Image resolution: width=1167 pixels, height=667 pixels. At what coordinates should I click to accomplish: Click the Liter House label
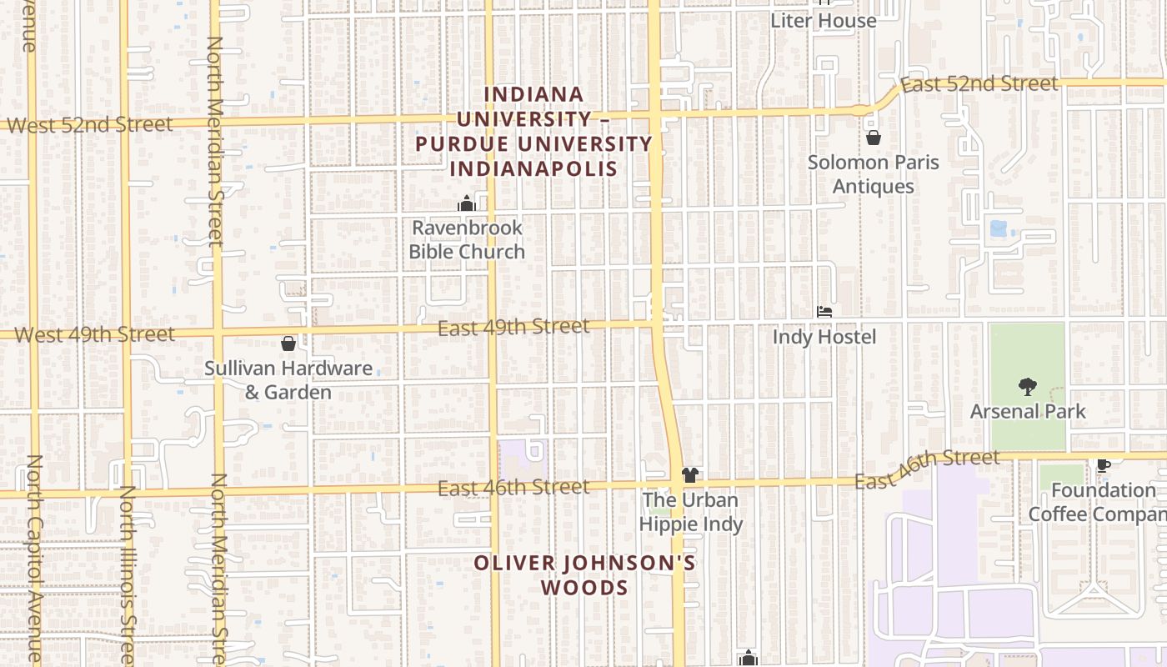click(x=823, y=21)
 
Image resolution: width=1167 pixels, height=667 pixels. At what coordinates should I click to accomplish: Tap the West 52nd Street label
click(x=90, y=125)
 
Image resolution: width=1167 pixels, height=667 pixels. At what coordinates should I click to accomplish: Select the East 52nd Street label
click(x=979, y=84)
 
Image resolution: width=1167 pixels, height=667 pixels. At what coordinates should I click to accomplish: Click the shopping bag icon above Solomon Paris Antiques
click(x=873, y=138)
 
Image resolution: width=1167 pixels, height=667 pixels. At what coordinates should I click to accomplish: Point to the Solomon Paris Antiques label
click(x=873, y=174)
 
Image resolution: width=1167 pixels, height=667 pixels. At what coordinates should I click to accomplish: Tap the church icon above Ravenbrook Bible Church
click(x=466, y=203)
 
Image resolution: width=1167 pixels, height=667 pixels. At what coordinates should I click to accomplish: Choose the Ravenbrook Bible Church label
click(x=467, y=239)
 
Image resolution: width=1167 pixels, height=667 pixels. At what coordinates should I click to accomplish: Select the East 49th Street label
click(x=513, y=327)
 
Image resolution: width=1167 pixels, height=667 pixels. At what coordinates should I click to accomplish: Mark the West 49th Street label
click(x=95, y=335)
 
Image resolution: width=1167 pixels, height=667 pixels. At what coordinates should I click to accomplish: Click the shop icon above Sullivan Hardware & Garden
click(x=288, y=344)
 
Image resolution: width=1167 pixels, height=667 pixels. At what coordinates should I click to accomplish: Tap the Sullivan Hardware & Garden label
click(x=288, y=380)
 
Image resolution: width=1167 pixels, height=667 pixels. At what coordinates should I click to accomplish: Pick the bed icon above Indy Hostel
click(x=824, y=313)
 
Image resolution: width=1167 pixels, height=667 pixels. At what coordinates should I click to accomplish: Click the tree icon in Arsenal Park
click(x=1027, y=386)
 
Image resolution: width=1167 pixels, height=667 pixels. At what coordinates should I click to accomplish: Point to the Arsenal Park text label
click(x=1028, y=412)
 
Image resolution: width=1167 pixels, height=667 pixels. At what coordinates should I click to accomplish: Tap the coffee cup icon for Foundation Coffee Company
click(x=1104, y=465)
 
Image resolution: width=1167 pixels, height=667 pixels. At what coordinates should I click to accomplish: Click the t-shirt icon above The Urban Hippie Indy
click(x=689, y=476)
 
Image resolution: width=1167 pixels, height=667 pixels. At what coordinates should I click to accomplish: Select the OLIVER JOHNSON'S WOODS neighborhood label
click(x=584, y=575)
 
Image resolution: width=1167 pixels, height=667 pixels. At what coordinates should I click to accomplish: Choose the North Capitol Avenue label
click(x=34, y=559)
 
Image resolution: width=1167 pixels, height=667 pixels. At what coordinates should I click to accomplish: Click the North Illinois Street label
click(x=128, y=575)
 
